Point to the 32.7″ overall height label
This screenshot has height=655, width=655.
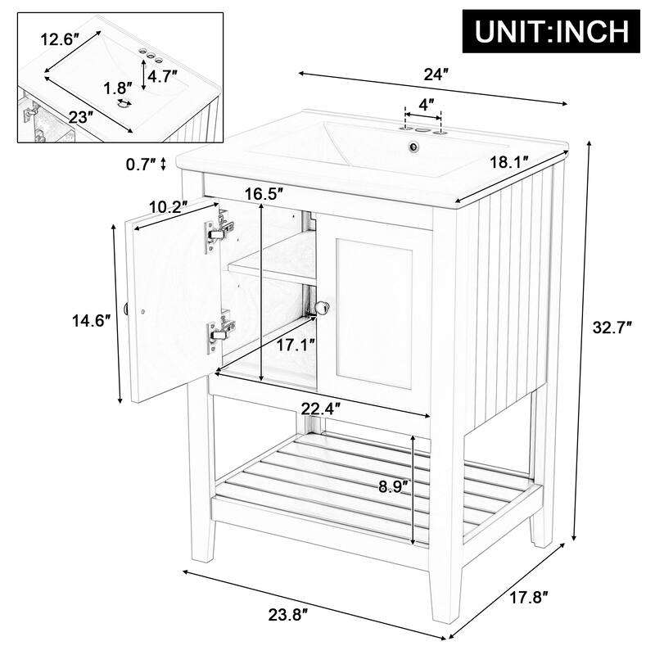pyautogui.click(x=612, y=328)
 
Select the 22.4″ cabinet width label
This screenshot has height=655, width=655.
pyautogui.click(x=322, y=407)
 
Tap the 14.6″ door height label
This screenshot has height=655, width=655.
pyautogui.click(x=91, y=321)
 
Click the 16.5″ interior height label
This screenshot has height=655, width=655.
pyautogui.click(x=264, y=193)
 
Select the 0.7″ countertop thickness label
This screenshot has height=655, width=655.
pyautogui.click(x=141, y=165)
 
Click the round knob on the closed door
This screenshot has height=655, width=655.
pyautogui.click(x=323, y=306)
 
